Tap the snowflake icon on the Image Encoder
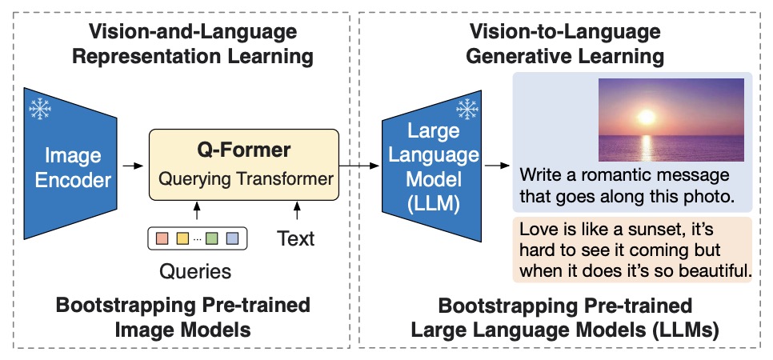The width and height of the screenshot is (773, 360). (38, 109)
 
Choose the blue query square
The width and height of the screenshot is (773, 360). (232, 238)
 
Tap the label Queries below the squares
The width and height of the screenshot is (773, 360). (196, 271)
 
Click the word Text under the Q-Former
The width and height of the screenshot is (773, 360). (296, 238)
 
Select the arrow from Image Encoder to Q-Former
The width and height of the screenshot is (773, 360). (130, 166)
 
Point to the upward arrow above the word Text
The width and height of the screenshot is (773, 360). (297, 211)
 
